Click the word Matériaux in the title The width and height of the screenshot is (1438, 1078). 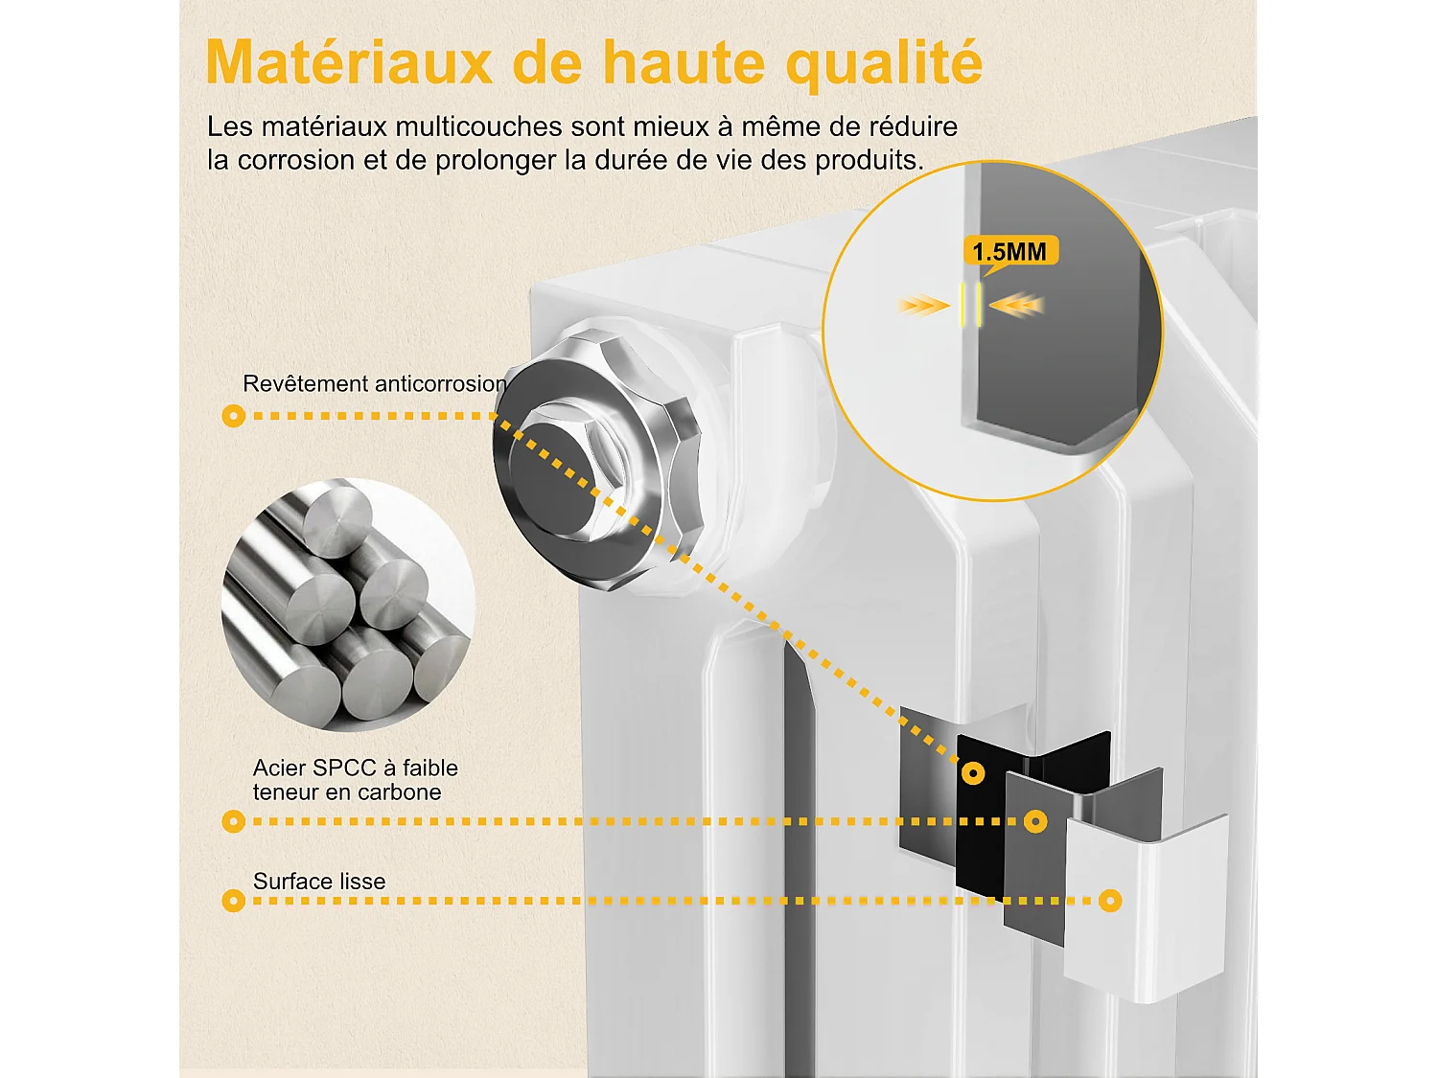[x=349, y=63]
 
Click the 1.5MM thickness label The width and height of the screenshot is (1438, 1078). [x=1009, y=252]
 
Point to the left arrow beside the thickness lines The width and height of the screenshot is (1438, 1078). [x=923, y=306]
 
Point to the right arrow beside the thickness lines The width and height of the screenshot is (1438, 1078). [x=1016, y=306]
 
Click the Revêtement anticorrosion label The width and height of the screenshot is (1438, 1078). [x=374, y=384]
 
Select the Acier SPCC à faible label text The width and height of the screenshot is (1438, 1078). [x=355, y=768]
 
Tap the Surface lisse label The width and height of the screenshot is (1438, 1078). [x=319, y=882]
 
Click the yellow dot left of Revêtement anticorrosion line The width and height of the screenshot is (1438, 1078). [x=233, y=416]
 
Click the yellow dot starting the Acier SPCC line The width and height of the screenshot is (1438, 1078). [x=233, y=821]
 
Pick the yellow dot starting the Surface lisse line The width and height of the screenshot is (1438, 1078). [x=233, y=901]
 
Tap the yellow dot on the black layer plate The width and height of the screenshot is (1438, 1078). [x=973, y=773]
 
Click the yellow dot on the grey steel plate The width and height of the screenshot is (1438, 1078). [x=1035, y=821]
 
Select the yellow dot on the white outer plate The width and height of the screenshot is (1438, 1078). [x=1110, y=901]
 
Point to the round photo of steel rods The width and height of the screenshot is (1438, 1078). [x=347, y=604]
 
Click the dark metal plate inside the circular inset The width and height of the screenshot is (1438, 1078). [x=1055, y=335]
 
